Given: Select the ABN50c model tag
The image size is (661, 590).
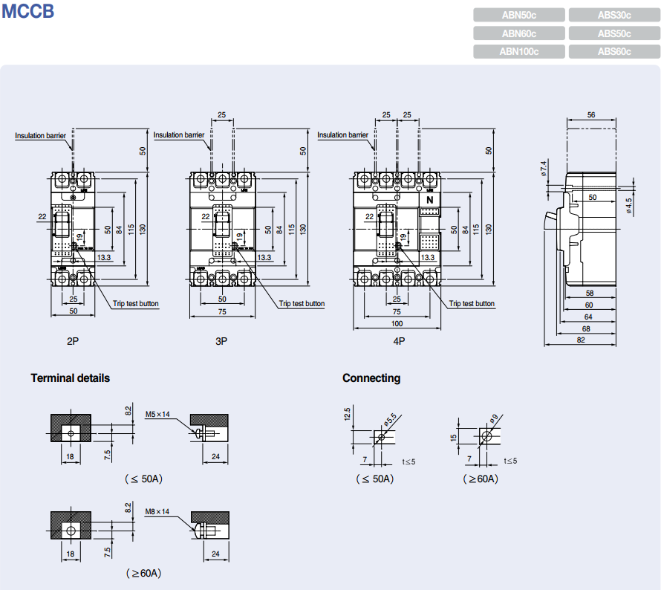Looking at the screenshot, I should pos(518,15).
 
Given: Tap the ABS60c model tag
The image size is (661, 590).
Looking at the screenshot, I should pos(613,51).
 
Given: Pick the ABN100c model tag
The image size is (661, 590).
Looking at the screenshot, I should pos(518,51).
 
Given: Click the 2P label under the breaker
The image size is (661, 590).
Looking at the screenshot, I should pos(73,341).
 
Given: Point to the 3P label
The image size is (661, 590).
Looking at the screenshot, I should pos(221,341).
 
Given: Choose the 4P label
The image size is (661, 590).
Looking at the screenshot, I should pos(399,341).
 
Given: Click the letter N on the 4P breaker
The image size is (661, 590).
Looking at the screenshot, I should pos(429,201).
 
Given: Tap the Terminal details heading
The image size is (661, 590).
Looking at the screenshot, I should pos(70,378).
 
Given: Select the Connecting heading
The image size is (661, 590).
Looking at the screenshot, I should pos(371,378).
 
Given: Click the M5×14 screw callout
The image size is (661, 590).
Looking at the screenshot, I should pos(157,414).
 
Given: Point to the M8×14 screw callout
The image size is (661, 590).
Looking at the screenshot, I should pos(157,512).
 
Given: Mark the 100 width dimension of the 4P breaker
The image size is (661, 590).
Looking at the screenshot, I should pos(398,323).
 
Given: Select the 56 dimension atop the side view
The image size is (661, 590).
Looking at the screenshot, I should pos(591,115).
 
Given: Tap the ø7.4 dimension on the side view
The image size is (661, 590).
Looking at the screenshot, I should pos(544,169).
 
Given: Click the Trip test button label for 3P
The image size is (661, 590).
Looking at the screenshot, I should pos(302,303).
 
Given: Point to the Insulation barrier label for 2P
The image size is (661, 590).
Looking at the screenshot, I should pos(41,135).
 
